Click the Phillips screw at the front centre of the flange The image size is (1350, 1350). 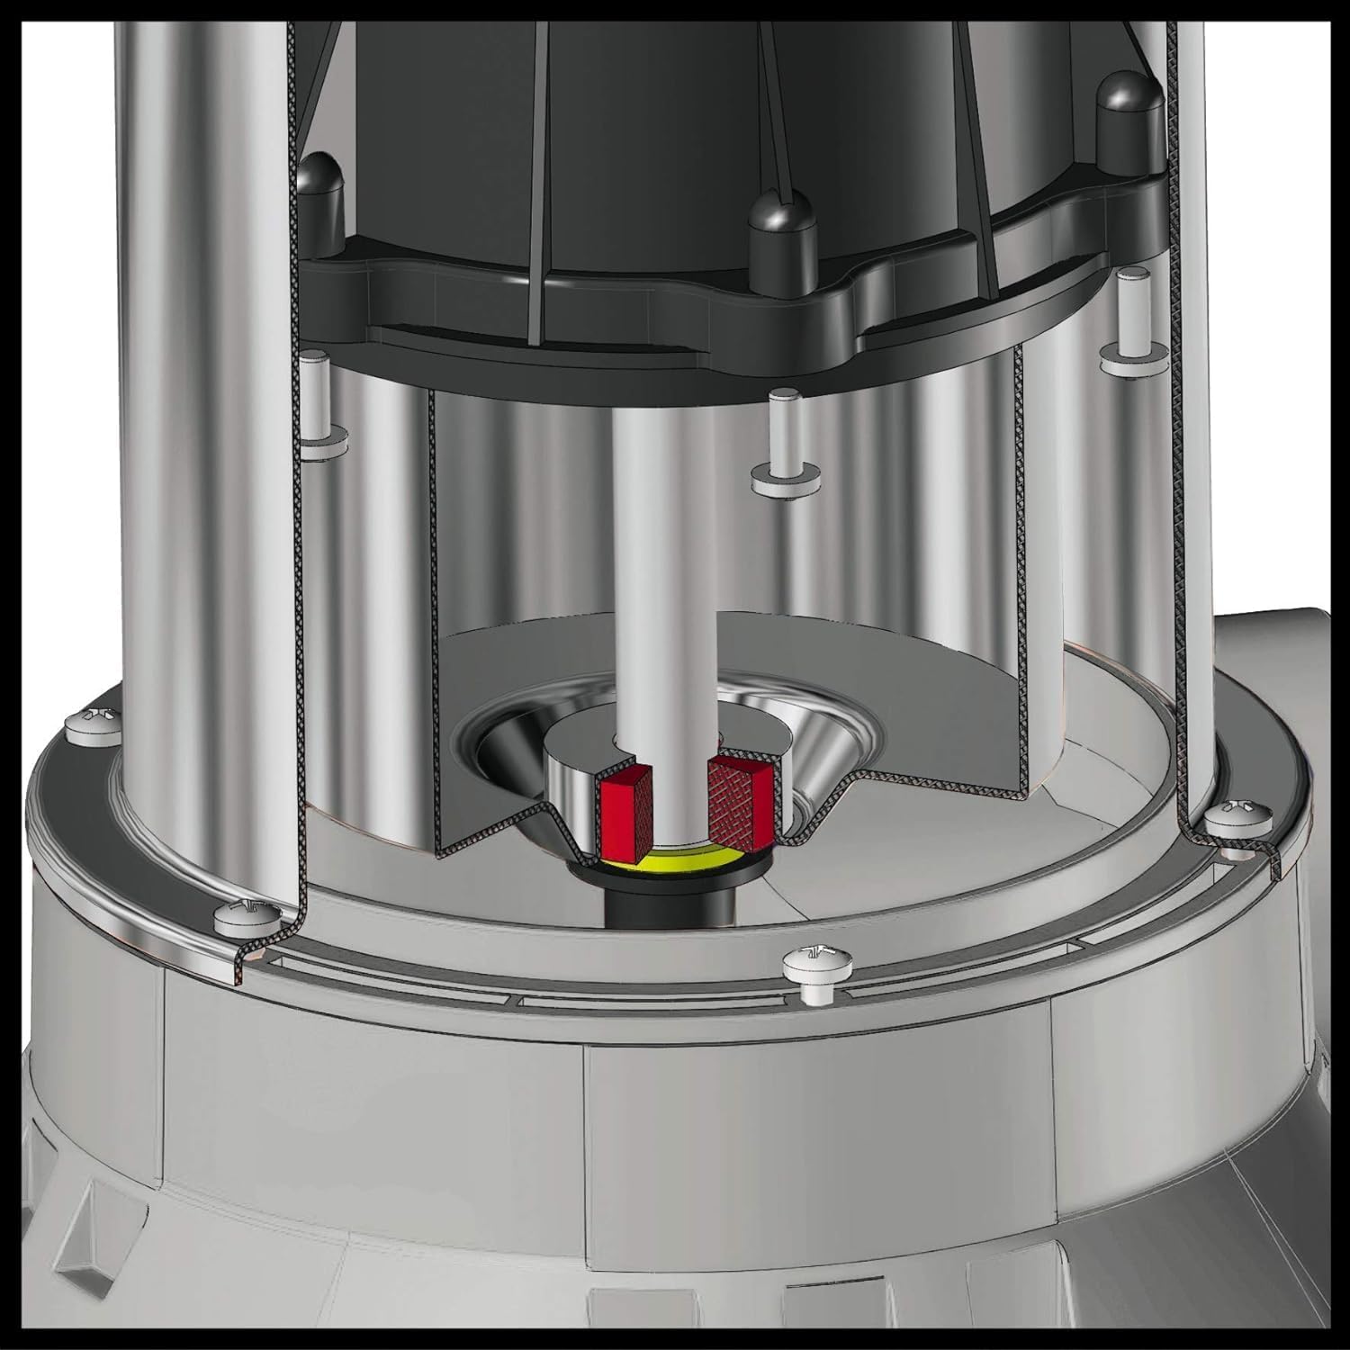[810, 966]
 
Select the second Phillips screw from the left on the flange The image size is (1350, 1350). [239, 916]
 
